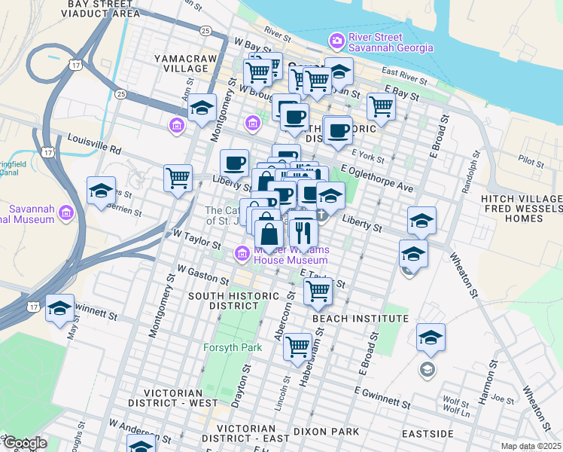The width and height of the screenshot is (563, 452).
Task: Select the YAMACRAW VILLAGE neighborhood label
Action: click(181, 63)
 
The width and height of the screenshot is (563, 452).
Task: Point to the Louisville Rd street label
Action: click(94, 139)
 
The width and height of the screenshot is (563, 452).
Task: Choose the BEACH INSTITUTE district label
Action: click(360, 319)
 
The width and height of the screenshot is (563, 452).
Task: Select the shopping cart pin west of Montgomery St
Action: click(178, 179)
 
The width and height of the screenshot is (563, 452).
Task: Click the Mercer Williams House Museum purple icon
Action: click(242, 254)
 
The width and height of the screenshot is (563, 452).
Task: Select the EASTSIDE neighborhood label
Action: click(428, 435)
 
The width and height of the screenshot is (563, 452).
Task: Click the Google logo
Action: click(24, 443)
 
